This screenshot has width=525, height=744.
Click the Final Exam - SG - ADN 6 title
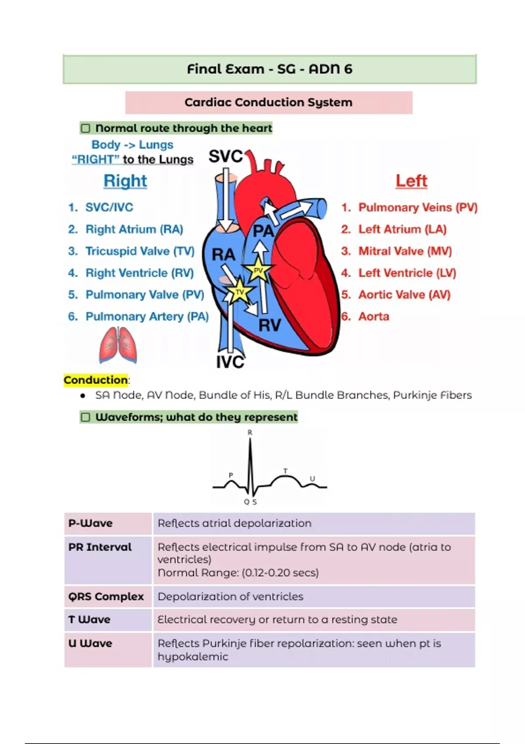pos(269,69)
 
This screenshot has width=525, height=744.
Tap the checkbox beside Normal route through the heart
pos(86,128)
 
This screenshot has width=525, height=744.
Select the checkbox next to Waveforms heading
pos(86,417)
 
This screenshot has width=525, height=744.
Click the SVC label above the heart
pos(225,156)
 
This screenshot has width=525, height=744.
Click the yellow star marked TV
pos(239,292)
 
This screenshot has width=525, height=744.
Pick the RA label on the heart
pos(223,254)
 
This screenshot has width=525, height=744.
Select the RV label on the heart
pos(269,325)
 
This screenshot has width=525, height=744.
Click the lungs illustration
pos(118,346)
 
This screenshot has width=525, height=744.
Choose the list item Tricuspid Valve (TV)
pos(140,251)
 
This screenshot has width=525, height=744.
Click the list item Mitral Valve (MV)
pos(405,251)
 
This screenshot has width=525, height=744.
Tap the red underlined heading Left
pos(411,181)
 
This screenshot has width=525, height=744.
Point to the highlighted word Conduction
pos(96,380)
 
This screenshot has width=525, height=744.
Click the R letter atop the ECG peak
pos(250,432)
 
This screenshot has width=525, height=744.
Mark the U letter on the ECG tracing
pos(312,479)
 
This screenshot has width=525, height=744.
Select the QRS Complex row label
pos(106,597)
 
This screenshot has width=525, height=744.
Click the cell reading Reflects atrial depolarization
pos(234,523)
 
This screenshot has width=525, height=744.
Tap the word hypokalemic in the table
pos(193,657)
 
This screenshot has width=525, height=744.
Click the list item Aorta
pos(374,316)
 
